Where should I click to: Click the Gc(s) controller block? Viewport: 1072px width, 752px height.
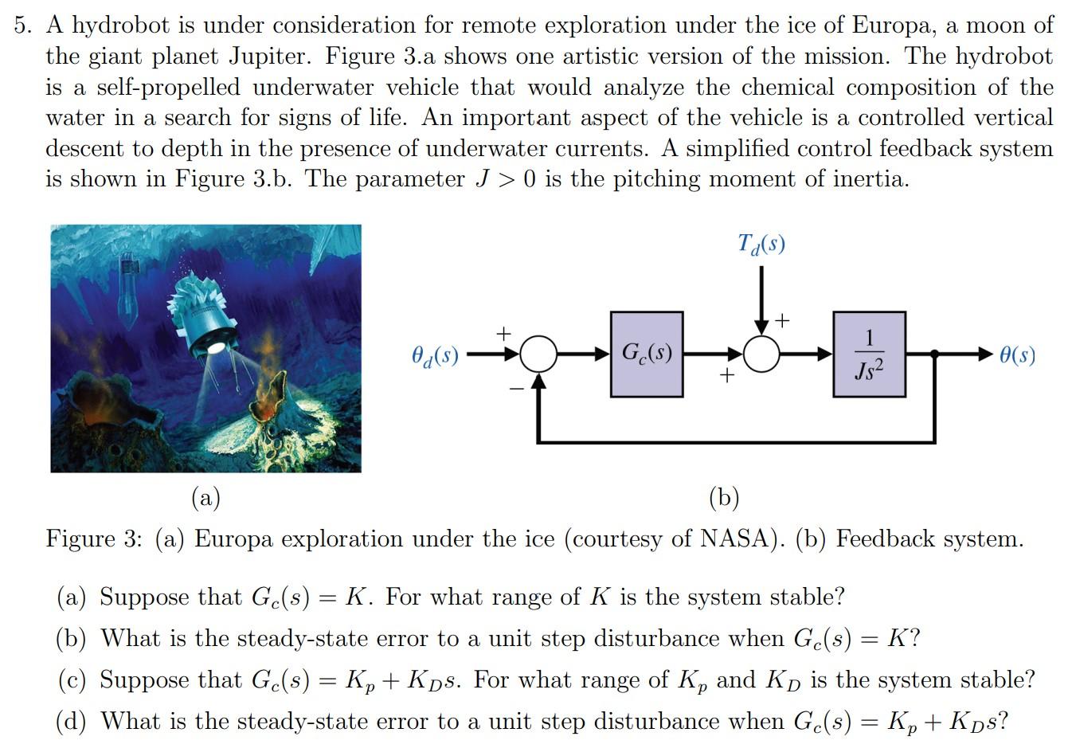coord(647,354)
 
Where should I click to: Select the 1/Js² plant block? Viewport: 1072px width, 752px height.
coord(869,354)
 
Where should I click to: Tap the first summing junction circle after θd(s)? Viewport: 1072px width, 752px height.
coord(539,354)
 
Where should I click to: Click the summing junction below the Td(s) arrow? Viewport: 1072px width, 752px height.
coord(762,354)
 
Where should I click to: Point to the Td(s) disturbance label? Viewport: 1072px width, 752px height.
coord(761,243)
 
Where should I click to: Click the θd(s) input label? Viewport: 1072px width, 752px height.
coord(435,354)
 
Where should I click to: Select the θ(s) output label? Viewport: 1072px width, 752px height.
coord(1017,354)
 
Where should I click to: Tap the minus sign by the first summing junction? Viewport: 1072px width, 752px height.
coord(517,388)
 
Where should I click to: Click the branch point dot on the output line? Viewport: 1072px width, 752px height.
coord(934,354)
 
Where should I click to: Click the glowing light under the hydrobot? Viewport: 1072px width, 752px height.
coord(215,347)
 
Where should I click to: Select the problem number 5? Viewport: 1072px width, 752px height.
coord(23,25)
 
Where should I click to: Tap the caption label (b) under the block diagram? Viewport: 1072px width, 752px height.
coord(724,498)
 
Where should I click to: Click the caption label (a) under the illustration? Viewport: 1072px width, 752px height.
coord(205,498)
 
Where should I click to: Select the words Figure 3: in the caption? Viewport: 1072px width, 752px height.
coord(94,539)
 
